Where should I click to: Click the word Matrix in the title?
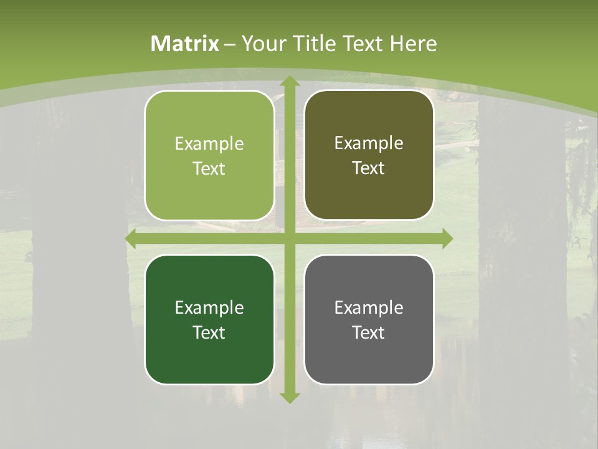point(185,44)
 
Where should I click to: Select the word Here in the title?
point(414,44)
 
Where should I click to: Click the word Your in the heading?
point(262,44)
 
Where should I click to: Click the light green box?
point(209,155)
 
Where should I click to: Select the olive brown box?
point(369,155)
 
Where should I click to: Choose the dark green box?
point(209,319)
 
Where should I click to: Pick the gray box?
point(369,319)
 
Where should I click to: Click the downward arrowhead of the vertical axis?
point(289,397)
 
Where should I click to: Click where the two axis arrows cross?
point(289,239)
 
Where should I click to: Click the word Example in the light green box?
point(209,144)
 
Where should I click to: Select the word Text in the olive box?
point(369,168)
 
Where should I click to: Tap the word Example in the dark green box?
point(209,308)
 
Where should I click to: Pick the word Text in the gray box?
point(369,332)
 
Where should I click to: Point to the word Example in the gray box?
point(369,308)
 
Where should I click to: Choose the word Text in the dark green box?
point(209,332)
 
